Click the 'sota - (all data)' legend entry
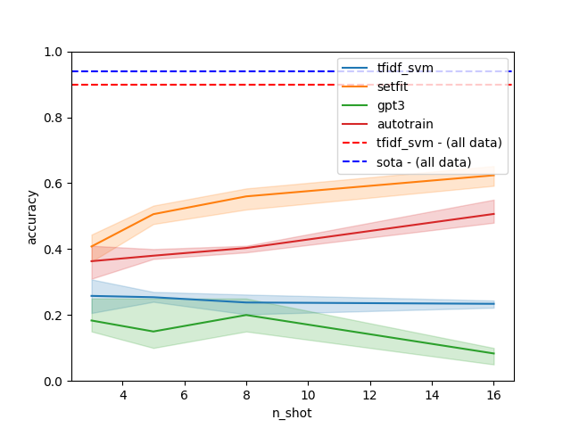(x=424, y=161)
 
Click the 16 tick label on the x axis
(x=494, y=395)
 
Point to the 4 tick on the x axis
(x=122, y=395)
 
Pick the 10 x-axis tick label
(x=308, y=395)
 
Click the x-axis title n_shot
(x=293, y=414)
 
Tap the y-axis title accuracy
(x=32, y=217)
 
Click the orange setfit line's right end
(x=494, y=175)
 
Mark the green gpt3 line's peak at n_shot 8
(x=246, y=315)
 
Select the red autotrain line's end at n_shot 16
(x=494, y=214)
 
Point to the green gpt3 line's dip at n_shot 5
(x=153, y=332)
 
